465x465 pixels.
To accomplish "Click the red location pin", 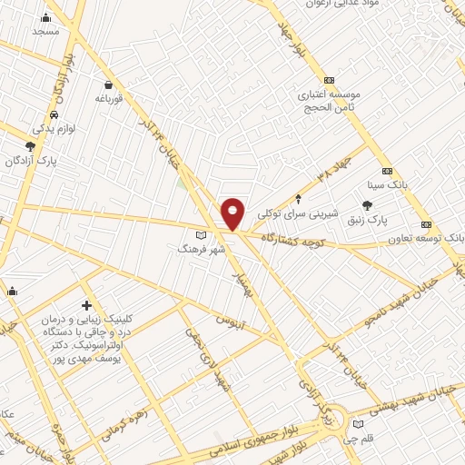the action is pyautogui.click(x=233, y=213).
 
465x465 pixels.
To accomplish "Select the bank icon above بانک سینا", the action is pyautogui.click(x=388, y=171).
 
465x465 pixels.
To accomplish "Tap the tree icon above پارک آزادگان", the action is pyautogui.click(x=32, y=146).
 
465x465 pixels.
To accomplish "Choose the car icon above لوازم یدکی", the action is pyautogui.click(x=55, y=115).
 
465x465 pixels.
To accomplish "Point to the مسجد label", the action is pyautogui.click(x=45, y=31).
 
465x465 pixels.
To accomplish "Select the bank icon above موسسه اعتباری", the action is pyautogui.click(x=329, y=80).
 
